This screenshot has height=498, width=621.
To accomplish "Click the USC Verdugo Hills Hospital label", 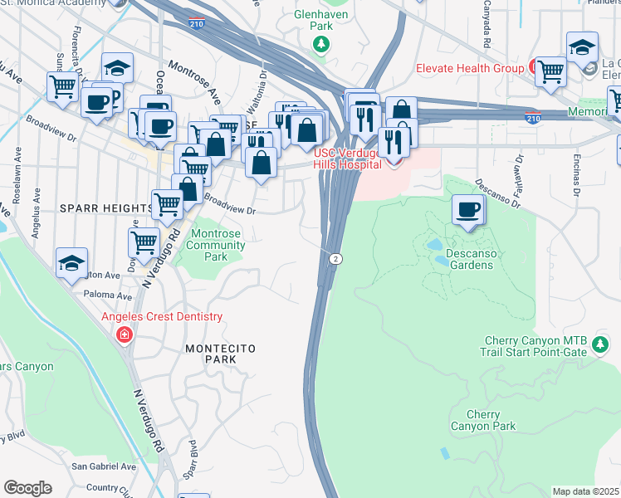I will pos(347,158).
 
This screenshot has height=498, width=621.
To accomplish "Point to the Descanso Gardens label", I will pos(458,259).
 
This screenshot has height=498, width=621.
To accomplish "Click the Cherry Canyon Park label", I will pos(482,420).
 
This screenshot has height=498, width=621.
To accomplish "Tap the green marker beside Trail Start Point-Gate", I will pos(599,351).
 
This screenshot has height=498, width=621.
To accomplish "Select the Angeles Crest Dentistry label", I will pos(162,316).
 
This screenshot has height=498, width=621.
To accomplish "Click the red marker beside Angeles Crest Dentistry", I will pos(125,334).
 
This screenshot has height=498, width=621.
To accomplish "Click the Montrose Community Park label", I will pos(218,246).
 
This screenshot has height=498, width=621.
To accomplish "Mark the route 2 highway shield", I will pos(334,259).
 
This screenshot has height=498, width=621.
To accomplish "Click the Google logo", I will pos(28,488).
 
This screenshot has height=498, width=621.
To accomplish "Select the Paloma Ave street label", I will pos(106,295).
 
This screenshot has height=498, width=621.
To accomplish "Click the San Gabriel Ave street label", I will pos(103,466).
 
